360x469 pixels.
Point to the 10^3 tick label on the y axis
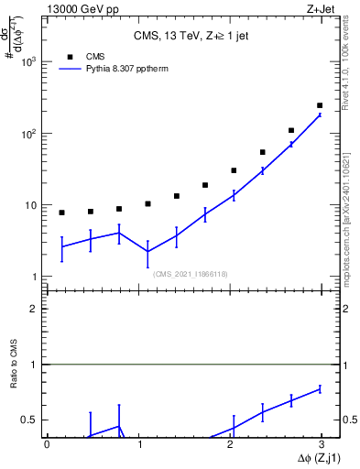[x=30, y=61]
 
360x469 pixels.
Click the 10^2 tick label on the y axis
[x=30, y=134]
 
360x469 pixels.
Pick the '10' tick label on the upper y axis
[x=32, y=205]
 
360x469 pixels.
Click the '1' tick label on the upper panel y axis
[x=35, y=277]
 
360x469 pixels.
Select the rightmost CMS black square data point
[x=320, y=105]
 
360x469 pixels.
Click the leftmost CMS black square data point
[x=61, y=213]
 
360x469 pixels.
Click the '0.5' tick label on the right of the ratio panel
[x=348, y=420]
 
